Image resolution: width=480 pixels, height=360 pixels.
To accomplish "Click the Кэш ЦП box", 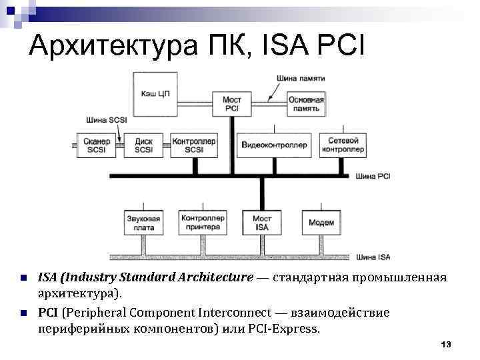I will click(155, 93).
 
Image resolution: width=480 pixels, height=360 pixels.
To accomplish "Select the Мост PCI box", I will click(232, 103).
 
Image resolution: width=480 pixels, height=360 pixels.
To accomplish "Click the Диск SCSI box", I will click(143, 146).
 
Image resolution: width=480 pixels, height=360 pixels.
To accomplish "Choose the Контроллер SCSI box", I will click(194, 146).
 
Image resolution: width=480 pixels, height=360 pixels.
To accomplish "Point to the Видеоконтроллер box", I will click(274, 145).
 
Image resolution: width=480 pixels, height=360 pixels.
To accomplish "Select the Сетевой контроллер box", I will click(343, 145).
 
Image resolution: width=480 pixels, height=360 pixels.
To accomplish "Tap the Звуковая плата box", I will click(143, 223).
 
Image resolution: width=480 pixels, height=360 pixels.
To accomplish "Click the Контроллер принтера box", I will click(200, 223).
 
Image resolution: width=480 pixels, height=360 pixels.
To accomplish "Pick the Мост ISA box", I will click(262, 223).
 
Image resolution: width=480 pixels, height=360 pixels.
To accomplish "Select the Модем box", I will click(321, 223).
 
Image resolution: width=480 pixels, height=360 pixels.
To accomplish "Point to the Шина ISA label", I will click(373, 257).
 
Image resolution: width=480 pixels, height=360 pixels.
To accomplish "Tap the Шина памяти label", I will click(301, 79).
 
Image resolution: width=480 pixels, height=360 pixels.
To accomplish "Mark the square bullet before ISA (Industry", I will click(23, 277).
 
